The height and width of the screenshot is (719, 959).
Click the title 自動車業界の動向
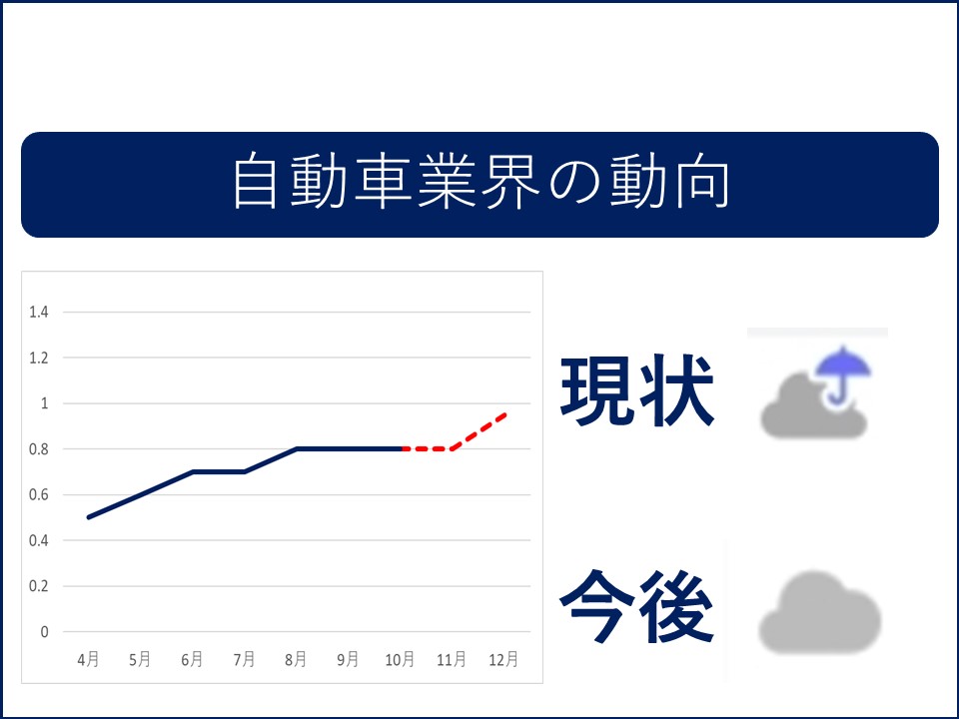(x=480, y=182)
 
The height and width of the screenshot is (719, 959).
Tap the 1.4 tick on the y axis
(x=39, y=313)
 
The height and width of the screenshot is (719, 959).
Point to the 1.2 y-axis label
(x=39, y=358)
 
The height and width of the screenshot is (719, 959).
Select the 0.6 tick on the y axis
(x=39, y=494)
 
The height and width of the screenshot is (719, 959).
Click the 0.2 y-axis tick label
(x=39, y=586)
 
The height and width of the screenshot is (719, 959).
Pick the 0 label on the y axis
(x=44, y=631)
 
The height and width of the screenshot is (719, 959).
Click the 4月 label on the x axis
(x=88, y=659)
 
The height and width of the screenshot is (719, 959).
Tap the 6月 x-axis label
(x=192, y=659)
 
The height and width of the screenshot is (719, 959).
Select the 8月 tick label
(x=296, y=659)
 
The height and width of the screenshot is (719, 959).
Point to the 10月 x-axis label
(x=400, y=659)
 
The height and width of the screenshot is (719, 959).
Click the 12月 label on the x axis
(x=503, y=659)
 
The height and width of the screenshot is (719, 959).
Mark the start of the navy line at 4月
(x=89, y=517)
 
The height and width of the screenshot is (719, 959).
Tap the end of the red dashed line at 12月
(x=505, y=414)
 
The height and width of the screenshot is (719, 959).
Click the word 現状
(x=637, y=390)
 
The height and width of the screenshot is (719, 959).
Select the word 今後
(x=636, y=606)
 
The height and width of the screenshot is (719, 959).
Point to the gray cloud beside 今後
(x=819, y=612)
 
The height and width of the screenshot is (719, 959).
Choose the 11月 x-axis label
(x=452, y=659)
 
